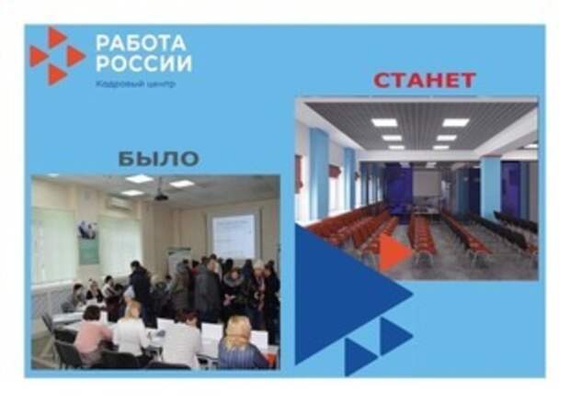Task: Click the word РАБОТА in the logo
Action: (x=141, y=43)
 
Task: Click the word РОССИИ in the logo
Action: (x=144, y=63)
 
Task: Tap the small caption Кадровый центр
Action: (x=135, y=84)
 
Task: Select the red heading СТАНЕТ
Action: (x=424, y=80)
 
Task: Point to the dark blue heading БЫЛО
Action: (x=159, y=159)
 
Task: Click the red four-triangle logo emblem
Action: (x=57, y=56)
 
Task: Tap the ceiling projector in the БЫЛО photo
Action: (x=161, y=196)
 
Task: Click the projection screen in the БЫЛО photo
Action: (x=234, y=236)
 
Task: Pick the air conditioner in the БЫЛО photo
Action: (x=119, y=204)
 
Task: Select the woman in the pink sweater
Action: (x=92, y=335)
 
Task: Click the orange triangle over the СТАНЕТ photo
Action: (x=394, y=251)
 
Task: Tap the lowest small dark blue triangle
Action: (x=359, y=357)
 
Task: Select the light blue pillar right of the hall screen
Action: (x=490, y=189)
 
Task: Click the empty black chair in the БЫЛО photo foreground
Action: (x=67, y=354)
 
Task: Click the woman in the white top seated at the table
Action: (x=131, y=331)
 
